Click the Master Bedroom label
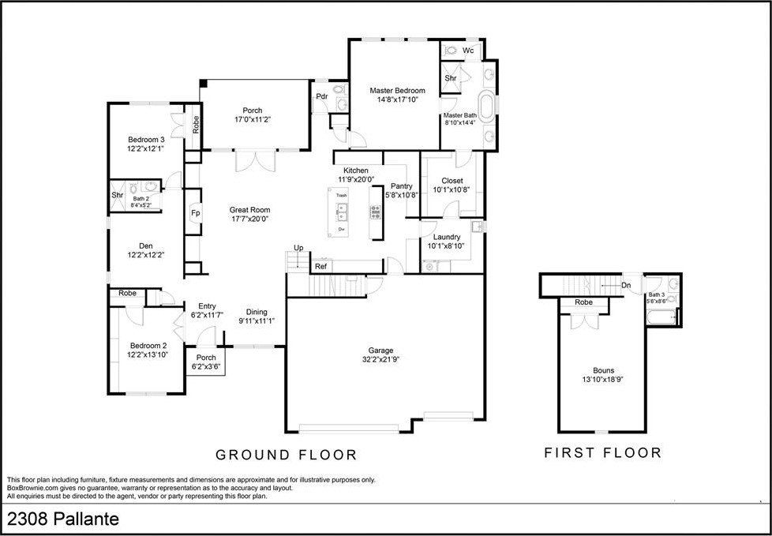pos(397,91)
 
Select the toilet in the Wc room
pos(451,50)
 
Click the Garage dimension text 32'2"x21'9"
pos(380,360)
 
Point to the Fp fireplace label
pos(194,213)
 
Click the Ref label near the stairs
pos(320,267)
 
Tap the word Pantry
pos(402,186)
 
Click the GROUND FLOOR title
pos(287,455)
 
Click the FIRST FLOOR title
pos(602,453)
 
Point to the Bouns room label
pos(603,369)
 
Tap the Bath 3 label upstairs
pos(657,294)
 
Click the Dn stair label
pos(626,286)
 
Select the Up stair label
pos(298,248)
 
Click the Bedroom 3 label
pos(146,140)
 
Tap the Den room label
pos(145,246)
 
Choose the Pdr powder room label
pos(321,96)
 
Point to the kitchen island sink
pos(342,210)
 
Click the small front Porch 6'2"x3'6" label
pos(206,358)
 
